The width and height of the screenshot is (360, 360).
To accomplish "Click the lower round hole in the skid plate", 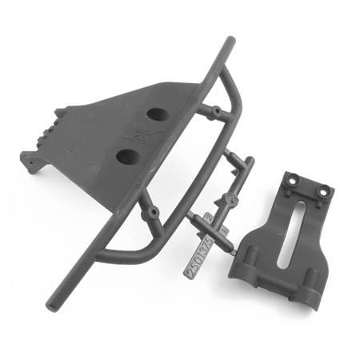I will pos(129,154).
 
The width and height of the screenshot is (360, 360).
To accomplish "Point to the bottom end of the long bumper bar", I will pos(52,305).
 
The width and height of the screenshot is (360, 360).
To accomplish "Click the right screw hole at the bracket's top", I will pos(323,192).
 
